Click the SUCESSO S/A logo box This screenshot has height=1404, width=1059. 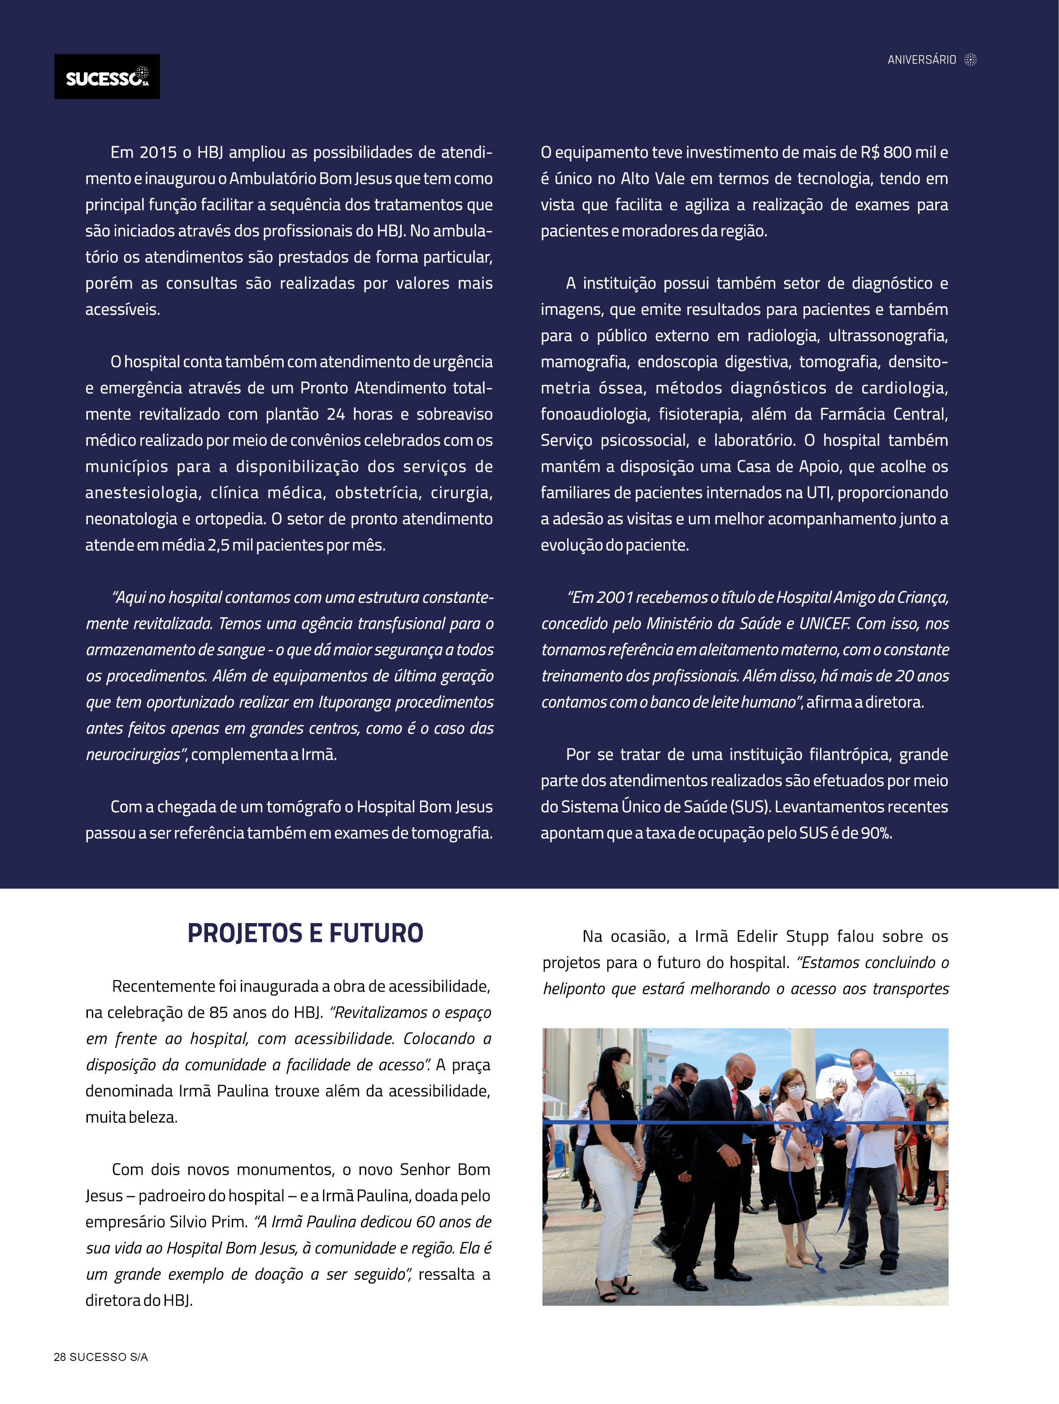coord(107,76)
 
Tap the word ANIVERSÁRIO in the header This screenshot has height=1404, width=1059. coord(921,60)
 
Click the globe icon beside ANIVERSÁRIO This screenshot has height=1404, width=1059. coord(970,60)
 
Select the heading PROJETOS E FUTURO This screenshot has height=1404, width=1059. coord(305,933)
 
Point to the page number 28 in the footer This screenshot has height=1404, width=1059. coord(60,1357)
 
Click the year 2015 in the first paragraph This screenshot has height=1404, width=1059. coord(158,153)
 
